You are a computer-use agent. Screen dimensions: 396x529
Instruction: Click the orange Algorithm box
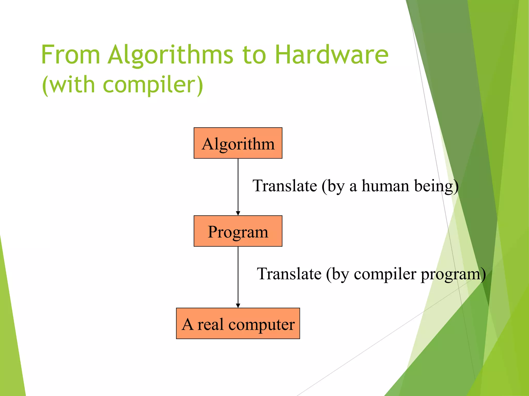238,143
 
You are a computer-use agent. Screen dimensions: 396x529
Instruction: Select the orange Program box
238,231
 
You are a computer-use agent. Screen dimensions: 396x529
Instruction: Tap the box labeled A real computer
238,324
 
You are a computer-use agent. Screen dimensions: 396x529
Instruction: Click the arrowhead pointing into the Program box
238,213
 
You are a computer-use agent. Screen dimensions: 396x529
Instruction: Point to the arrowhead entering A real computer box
238,306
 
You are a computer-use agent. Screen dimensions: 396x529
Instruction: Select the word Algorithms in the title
170,55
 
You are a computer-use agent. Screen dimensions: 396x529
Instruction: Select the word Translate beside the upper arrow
285,186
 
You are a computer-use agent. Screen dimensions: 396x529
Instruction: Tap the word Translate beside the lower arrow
289,274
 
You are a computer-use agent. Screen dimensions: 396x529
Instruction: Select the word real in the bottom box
210,324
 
